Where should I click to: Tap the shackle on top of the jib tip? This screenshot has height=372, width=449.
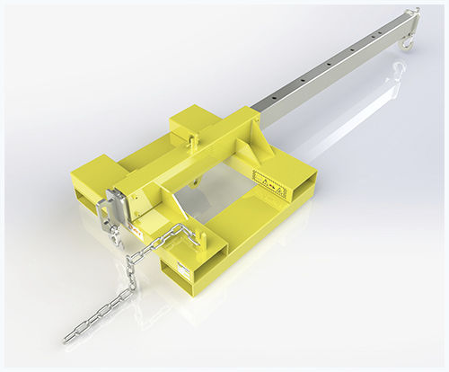pyautogui.click(x=414, y=13)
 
